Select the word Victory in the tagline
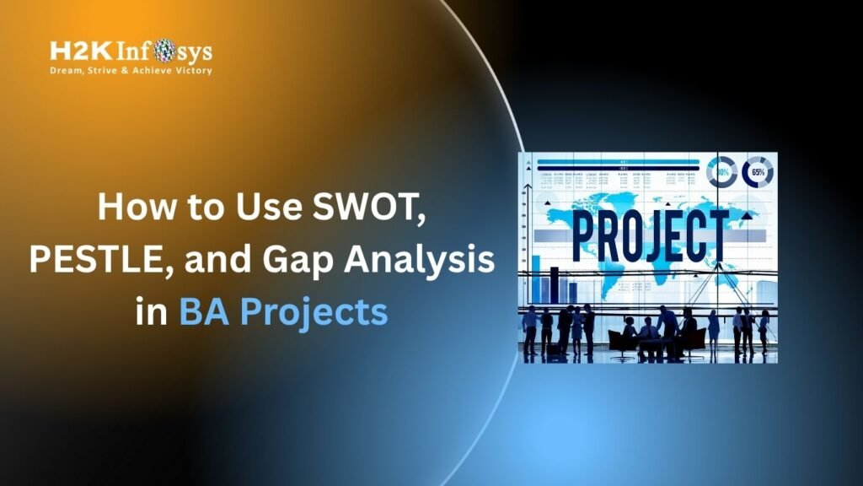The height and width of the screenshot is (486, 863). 191,72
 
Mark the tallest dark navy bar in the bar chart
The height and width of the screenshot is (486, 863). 554,285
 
